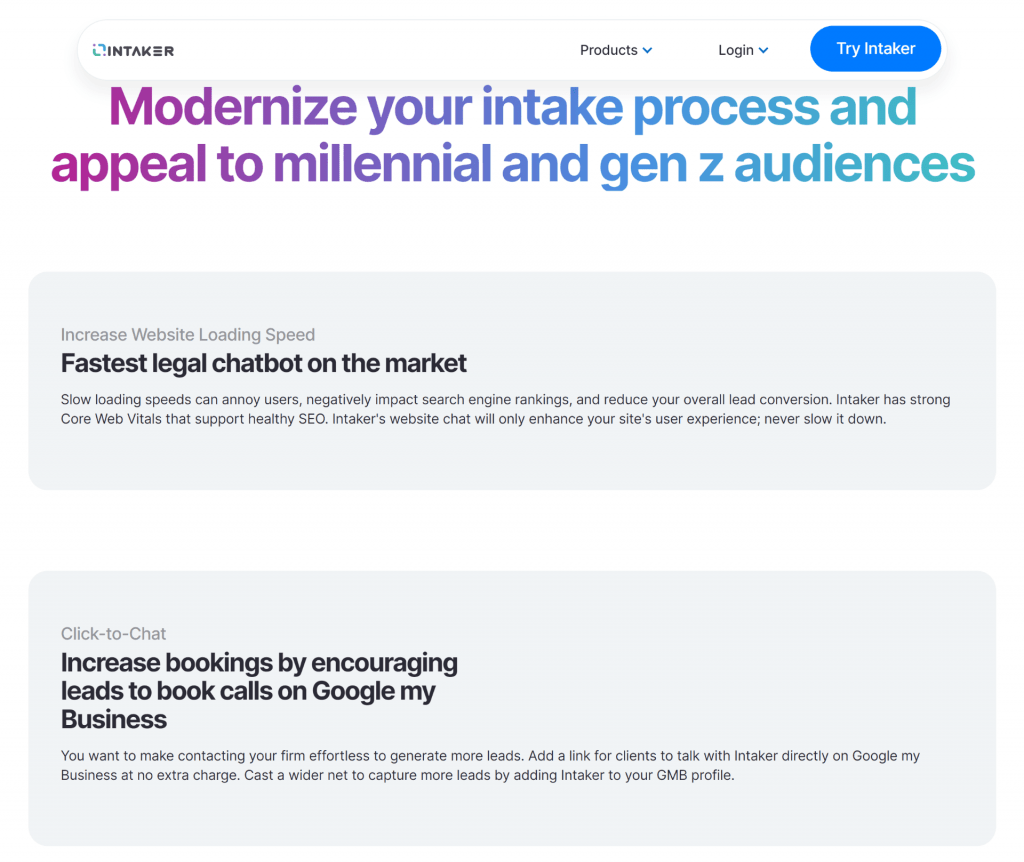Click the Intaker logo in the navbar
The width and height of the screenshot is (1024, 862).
point(133,50)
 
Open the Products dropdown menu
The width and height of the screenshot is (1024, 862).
point(616,50)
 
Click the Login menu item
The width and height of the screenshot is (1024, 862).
point(743,50)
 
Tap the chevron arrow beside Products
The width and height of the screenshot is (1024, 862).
point(647,50)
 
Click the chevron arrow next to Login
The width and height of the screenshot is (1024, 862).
point(763,50)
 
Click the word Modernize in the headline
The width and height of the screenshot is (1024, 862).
point(233,106)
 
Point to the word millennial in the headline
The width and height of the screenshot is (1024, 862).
point(382,163)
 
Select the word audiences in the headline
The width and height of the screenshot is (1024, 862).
point(855,163)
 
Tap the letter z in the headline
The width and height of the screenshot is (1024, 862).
point(711,167)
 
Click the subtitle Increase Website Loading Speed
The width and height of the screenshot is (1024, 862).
point(188,334)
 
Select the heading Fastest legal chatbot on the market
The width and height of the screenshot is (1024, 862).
point(264,363)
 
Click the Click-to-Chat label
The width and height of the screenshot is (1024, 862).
point(113,633)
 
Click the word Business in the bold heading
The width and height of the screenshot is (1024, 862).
point(114,719)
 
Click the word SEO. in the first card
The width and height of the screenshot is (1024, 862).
point(313,419)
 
